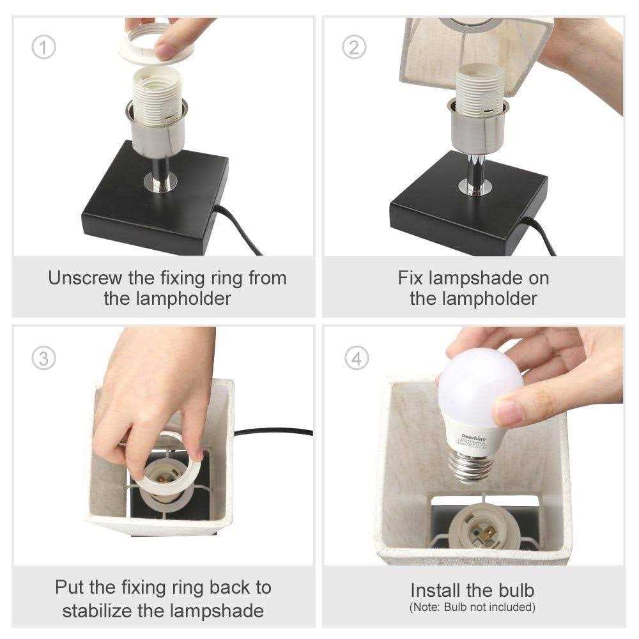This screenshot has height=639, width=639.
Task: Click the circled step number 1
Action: [x=43, y=48]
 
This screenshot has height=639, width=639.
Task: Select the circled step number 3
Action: [x=43, y=358]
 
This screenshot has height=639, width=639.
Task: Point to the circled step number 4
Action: [x=357, y=358]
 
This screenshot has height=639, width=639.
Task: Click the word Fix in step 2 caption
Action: [x=411, y=278]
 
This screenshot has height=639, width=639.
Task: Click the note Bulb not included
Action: [x=472, y=606]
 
